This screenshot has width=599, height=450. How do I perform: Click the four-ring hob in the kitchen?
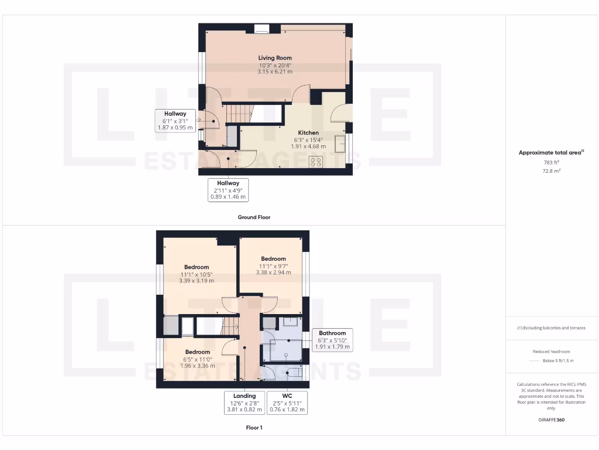tap(316, 161)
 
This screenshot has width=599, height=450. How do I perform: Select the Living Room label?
tap(275, 58)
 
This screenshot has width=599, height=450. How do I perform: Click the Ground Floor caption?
tap(254, 217)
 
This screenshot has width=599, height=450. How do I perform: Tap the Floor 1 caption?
tap(254, 428)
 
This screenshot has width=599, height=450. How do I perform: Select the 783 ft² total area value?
tap(552, 162)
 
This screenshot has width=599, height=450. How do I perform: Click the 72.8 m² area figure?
tap(552, 171)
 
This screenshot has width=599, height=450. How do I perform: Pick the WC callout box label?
tap(287, 396)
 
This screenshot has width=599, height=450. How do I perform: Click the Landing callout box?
tap(245, 403)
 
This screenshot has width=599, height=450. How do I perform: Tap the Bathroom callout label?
tap(332, 333)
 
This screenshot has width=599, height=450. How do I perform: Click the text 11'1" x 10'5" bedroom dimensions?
tap(197, 274)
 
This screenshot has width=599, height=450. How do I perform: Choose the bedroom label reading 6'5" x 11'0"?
tap(197, 359)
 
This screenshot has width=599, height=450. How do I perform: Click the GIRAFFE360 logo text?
tap(552, 420)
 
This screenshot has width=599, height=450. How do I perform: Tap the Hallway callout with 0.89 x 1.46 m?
tap(228, 190)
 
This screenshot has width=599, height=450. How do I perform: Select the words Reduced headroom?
tap(552, 352)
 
